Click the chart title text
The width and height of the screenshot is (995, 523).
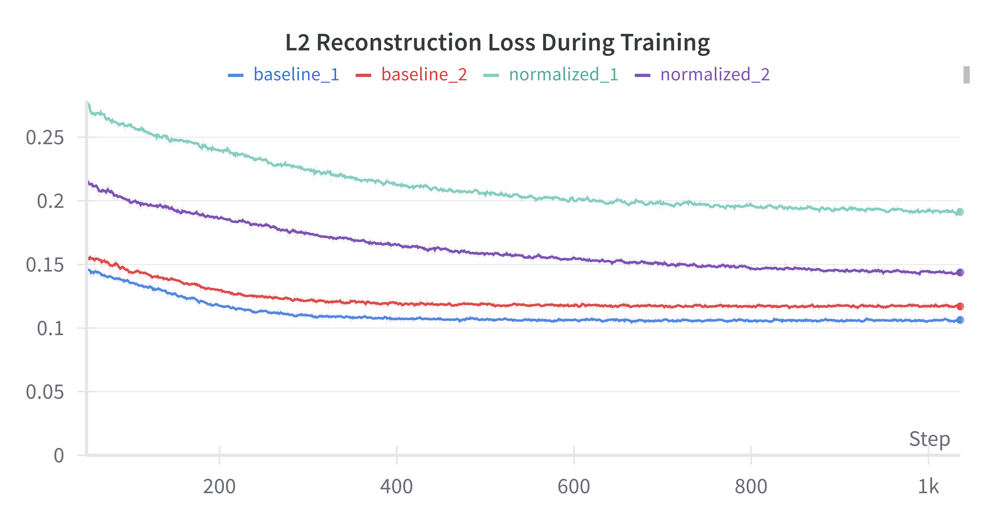(x=497, y=43)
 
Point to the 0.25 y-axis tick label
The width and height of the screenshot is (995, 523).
(x=45, y=138)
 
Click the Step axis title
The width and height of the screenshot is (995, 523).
(x=929, y=439)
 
